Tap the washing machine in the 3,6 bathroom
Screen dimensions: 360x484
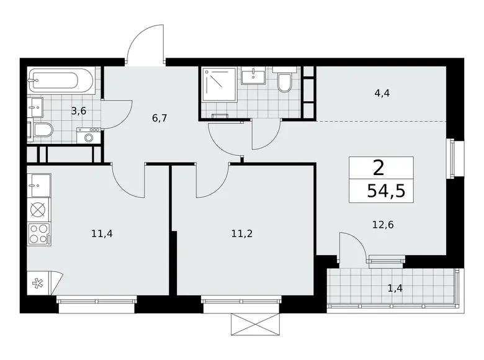[x=89, y=135]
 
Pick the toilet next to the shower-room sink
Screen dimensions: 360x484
[x=285, y=83]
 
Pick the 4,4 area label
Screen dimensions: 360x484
[x=381, y=94]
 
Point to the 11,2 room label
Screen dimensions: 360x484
[x=242, y=234]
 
